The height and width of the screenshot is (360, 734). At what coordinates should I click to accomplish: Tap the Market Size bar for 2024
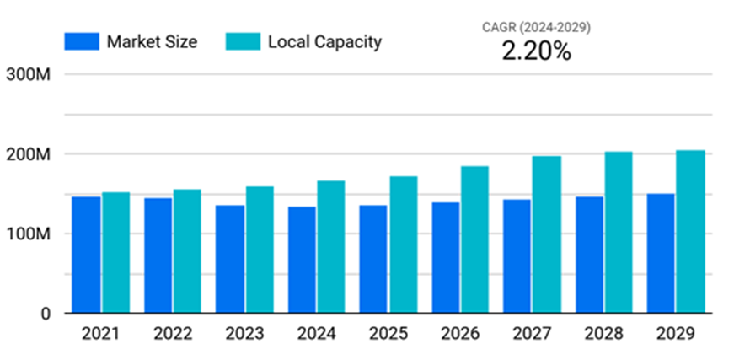(x=302, y=260)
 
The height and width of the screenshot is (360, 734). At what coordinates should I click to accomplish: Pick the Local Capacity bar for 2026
(x=474, y=239)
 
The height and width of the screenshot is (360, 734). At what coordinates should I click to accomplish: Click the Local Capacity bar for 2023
(x=260, y=250)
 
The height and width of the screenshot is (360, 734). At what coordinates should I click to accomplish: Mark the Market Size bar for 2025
(x=373, y=259)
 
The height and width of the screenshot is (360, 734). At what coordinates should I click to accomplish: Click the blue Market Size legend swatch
(x=81, y=41)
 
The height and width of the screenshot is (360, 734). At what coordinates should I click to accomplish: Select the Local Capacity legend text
(x=324, y=41)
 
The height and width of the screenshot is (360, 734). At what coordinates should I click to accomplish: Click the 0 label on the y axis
(x=46, y=314)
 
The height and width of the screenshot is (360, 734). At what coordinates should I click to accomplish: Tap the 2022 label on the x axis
(x=172, y=334)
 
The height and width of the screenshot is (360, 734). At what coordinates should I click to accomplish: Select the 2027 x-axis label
(x=532, y=334)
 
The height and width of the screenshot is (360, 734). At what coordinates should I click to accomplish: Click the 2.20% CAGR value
(x=536, y=51)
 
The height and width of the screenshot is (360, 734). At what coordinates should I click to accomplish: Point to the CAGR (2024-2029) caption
(x=536, y=27)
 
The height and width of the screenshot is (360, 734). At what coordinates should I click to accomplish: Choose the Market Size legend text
(x=152, y=41)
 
